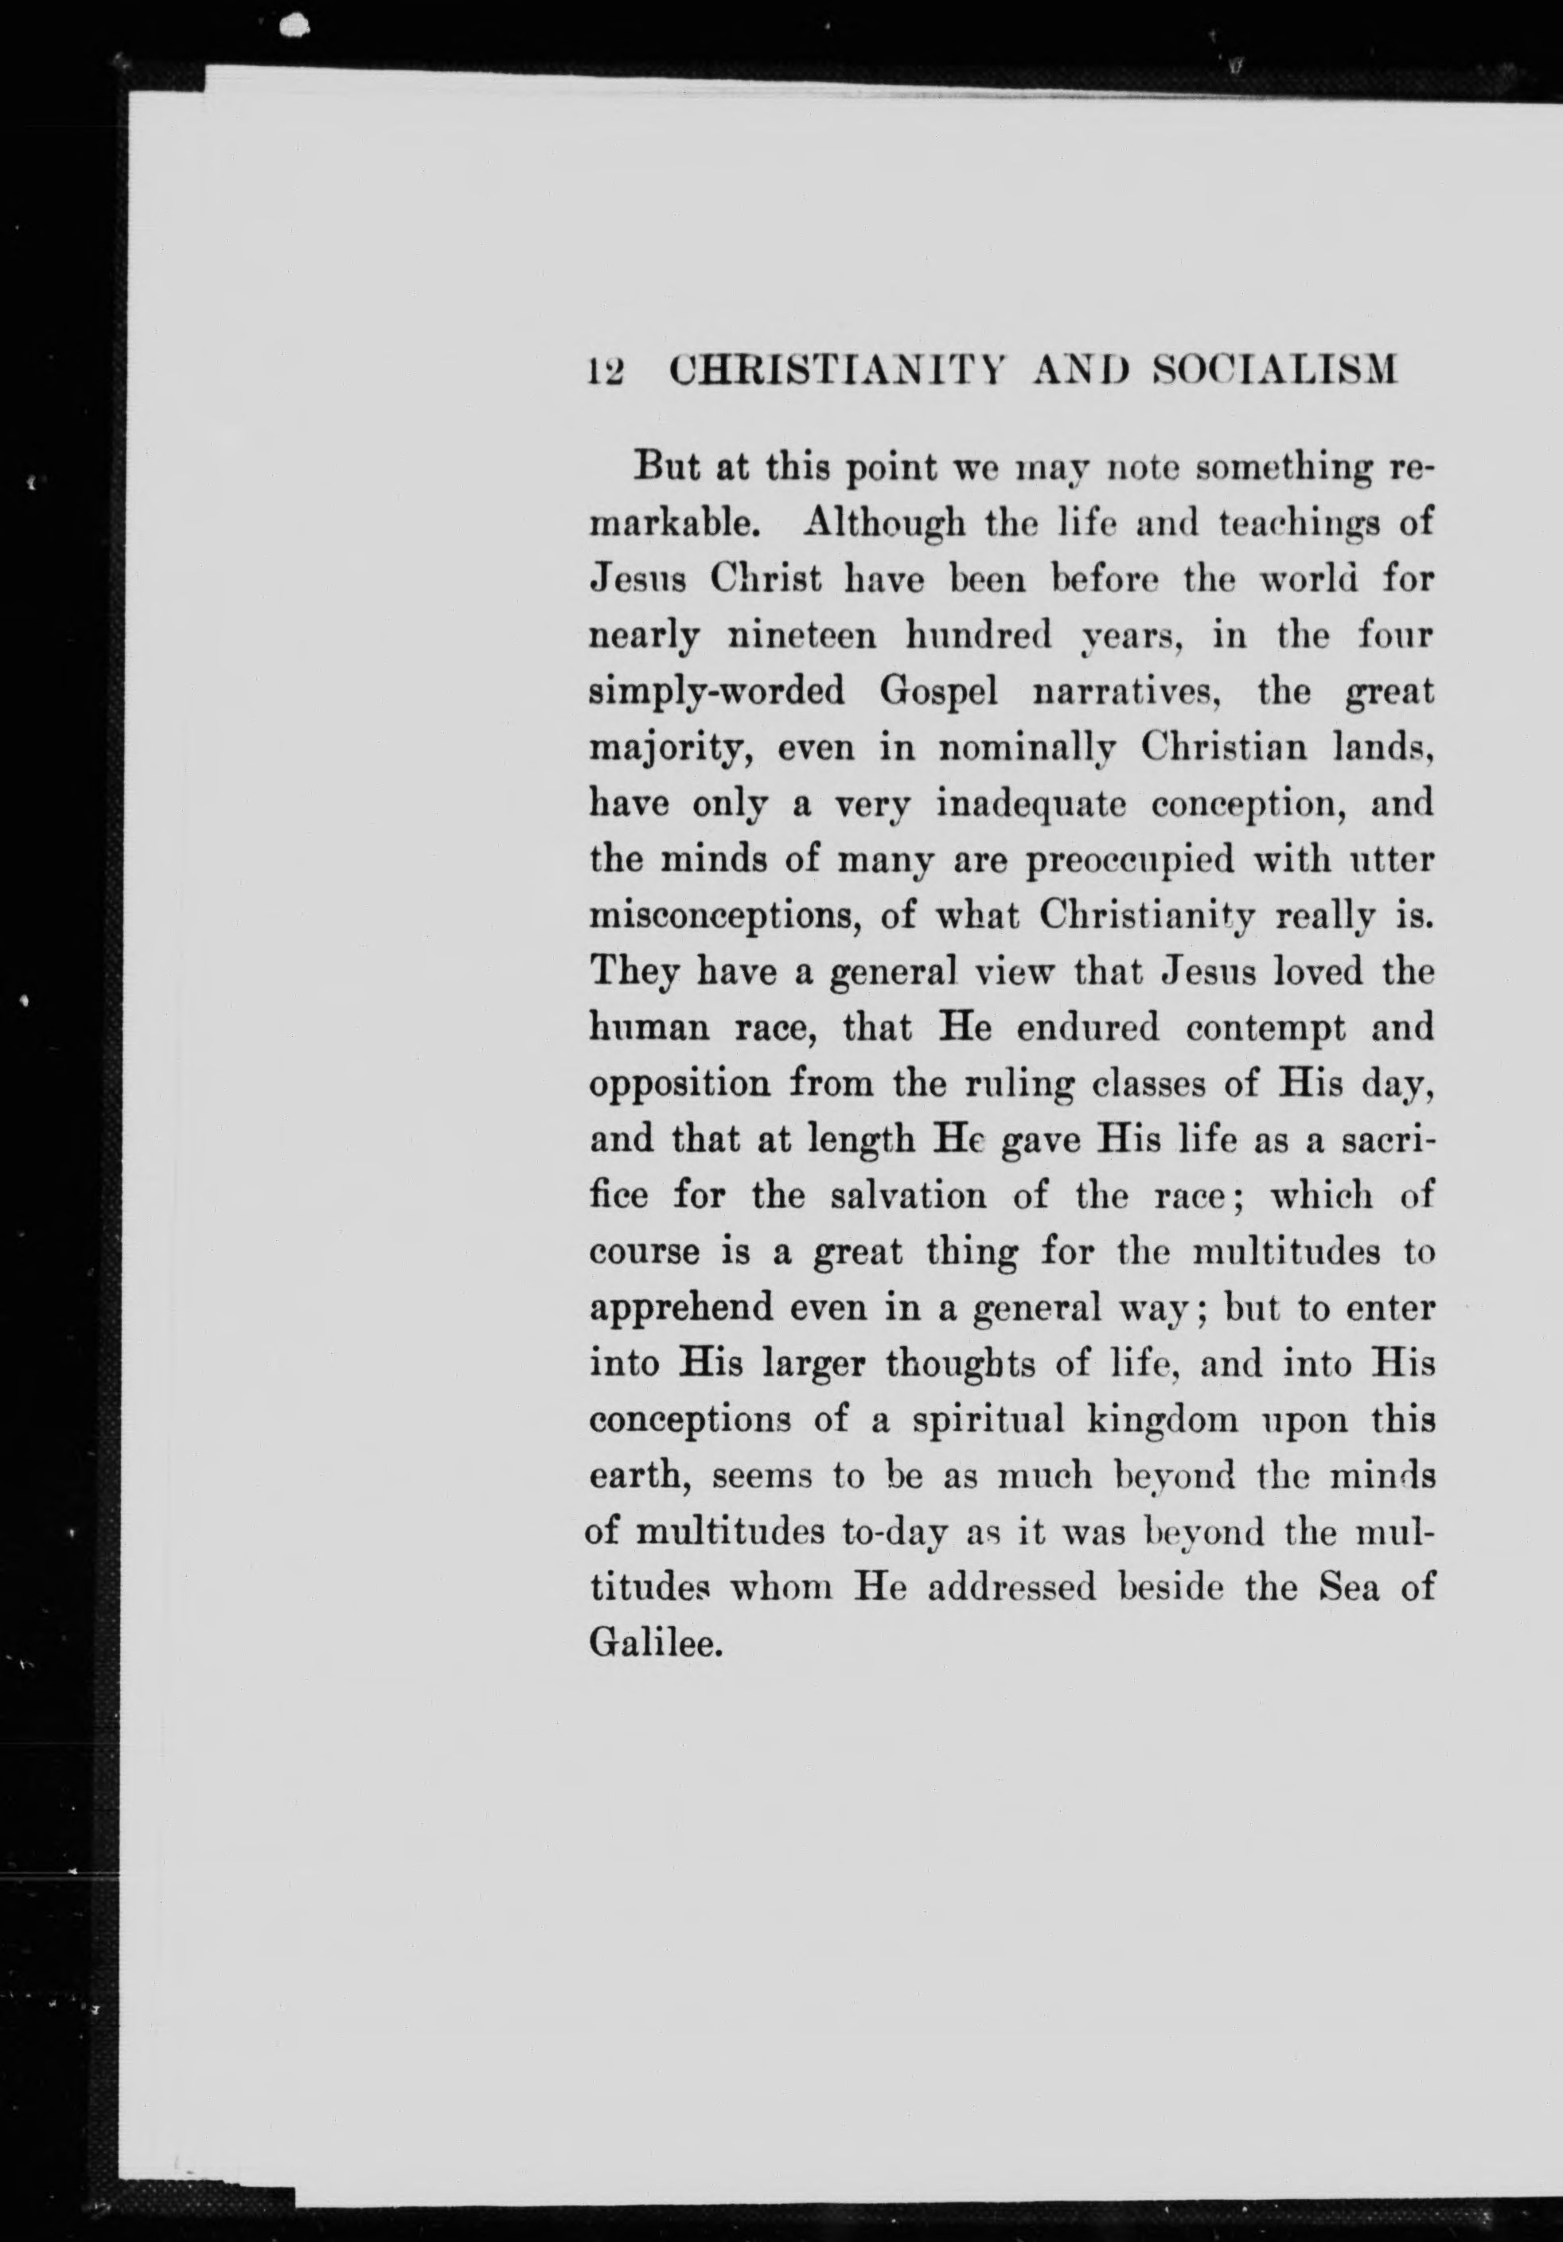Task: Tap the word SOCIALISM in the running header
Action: tap(1276, 371)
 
